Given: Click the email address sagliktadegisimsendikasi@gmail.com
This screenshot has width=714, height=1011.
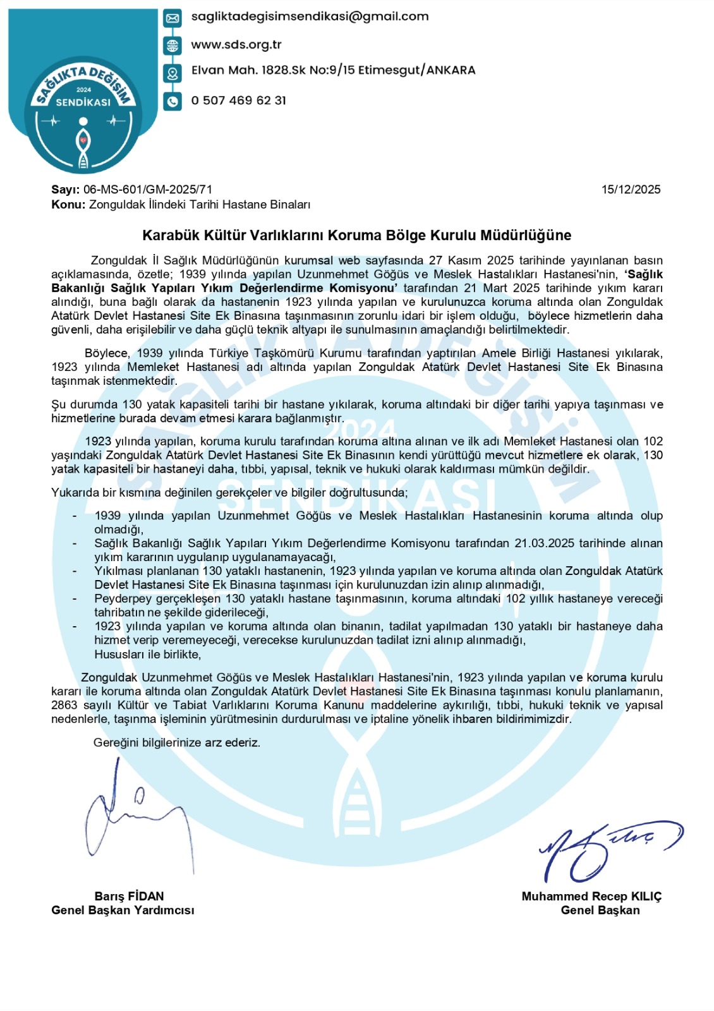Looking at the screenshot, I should click(310, 17).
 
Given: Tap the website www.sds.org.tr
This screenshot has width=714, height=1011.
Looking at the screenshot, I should click(236, 45).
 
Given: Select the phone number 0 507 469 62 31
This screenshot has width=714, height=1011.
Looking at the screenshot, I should click(238, 100).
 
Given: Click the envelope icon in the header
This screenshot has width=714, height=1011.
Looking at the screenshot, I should click(172, 18).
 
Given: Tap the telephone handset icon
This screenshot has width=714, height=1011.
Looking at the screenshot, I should click(172, 101).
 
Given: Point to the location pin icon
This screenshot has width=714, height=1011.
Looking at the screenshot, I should click(172, 73).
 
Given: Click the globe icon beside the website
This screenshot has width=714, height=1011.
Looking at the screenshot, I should click(172, 46).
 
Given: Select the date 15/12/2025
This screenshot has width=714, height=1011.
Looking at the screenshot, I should click(631, 190).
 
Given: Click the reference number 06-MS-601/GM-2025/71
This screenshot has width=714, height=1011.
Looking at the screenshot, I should click(148, 190).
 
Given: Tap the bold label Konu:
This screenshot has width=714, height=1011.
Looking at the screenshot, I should click(68, 205).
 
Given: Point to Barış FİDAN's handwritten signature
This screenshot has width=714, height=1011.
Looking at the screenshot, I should click(133, 815).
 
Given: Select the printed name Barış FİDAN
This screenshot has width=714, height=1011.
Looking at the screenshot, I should click(129, 896).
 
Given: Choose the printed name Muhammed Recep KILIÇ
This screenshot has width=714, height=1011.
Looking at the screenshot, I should click(591, 896).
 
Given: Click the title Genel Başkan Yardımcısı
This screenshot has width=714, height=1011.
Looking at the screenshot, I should click(123, 911).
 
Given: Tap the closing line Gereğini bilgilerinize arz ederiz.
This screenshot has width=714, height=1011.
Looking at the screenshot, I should click(177, 742).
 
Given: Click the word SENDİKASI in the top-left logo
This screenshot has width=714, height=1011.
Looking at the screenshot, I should click(83, 102).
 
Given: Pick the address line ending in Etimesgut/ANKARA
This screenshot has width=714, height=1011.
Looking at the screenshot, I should click(333, 70).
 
